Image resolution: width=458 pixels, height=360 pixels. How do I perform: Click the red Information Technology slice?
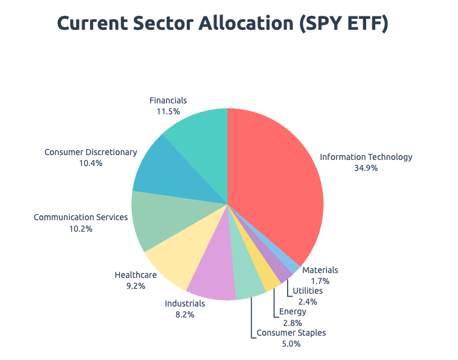(x=274, y=182)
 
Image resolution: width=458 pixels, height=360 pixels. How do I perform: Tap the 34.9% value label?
(x=366, y=168)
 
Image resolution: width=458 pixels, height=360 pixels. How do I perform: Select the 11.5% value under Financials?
(x=168, y=111)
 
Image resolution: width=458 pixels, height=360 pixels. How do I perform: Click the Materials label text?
(x=320, y=270)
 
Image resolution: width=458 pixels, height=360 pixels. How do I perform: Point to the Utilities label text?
(x=307, y=291)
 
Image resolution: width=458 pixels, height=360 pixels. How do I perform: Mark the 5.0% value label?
(x=291, y=344)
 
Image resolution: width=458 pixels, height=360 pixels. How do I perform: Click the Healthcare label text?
(x=136, y=275)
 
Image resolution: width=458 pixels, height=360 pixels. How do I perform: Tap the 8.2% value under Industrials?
(x=185, y=314)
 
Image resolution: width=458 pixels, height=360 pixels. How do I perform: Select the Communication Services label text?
(x=81, y=217)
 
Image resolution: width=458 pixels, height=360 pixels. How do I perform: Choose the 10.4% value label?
(x=91, y=163)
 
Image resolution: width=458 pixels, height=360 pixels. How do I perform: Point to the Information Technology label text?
(x=366, y=157)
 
